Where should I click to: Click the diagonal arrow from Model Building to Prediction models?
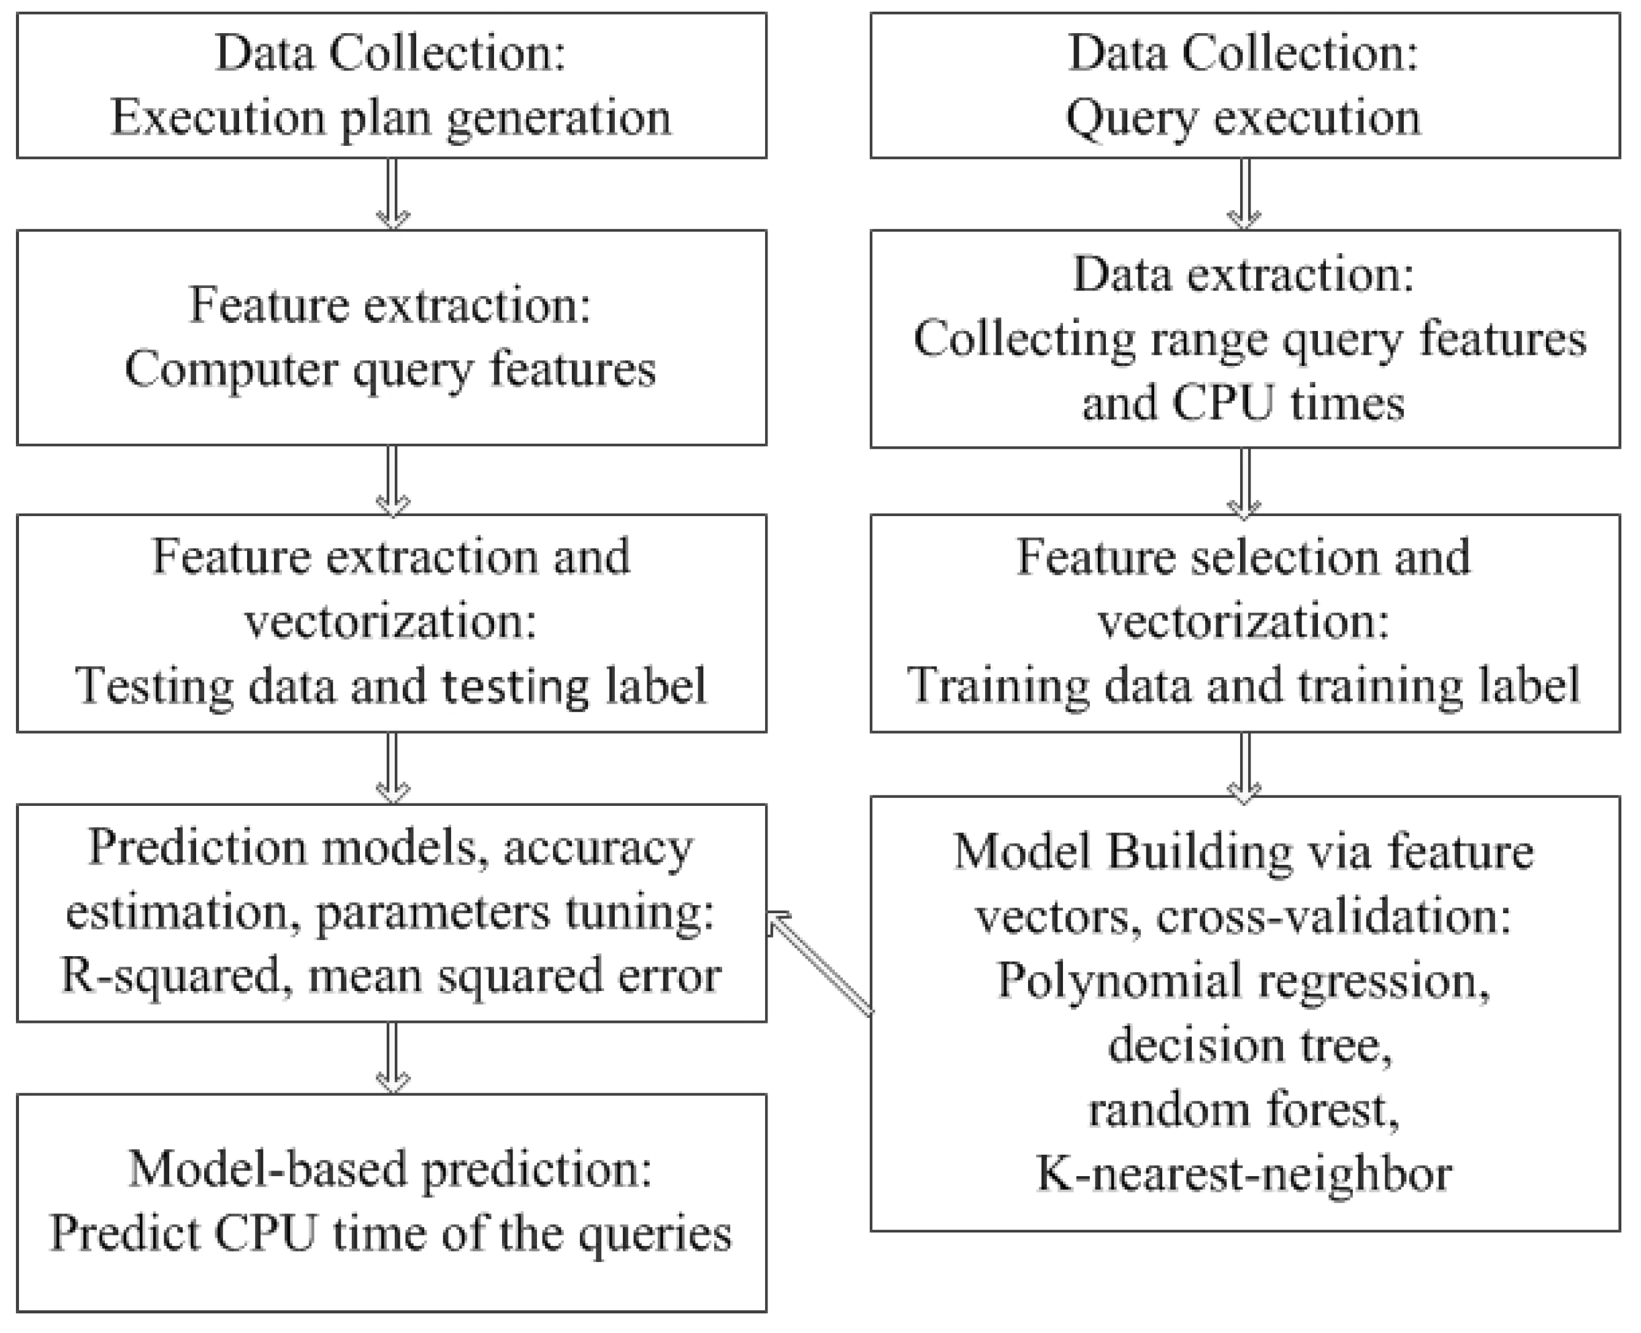[x=820, y=963]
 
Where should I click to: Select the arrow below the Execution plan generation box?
[x=392, y=194]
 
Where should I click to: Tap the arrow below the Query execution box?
[x=1245, y=194]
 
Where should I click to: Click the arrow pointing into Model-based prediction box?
[x=392, y=1057]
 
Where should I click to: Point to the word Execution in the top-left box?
[x=218, y=118]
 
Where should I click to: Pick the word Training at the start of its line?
[x=996, y=685]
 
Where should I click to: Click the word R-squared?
[x=170, y=975]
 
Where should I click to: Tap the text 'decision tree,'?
[x=1249, y=1045]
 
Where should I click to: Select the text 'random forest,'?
[x=1243, y=1109]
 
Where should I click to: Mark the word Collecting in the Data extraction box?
[x=1024, y=339]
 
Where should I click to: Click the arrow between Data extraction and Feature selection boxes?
[x=1245, y=482]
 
